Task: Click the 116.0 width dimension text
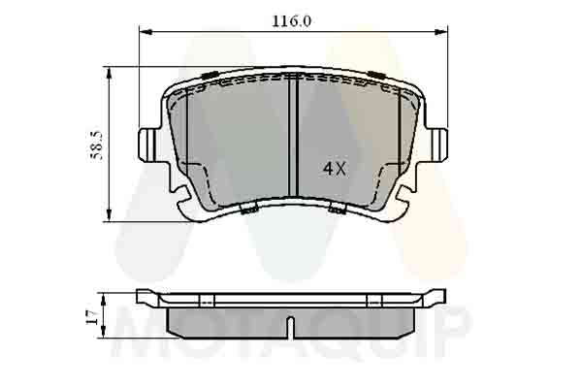(x=291, y=21)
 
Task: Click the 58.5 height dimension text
(x=96, y=145)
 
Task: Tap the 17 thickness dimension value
(x=92, y=318)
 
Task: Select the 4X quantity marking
(x=334, y=170)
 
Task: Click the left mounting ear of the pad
(x=147, y=145)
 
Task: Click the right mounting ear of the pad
(x=438, y=145)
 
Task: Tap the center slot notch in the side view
(x=291, y=328)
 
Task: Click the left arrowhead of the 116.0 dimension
(x=145, y=32)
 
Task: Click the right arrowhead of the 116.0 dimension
(x=441, y=32)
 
